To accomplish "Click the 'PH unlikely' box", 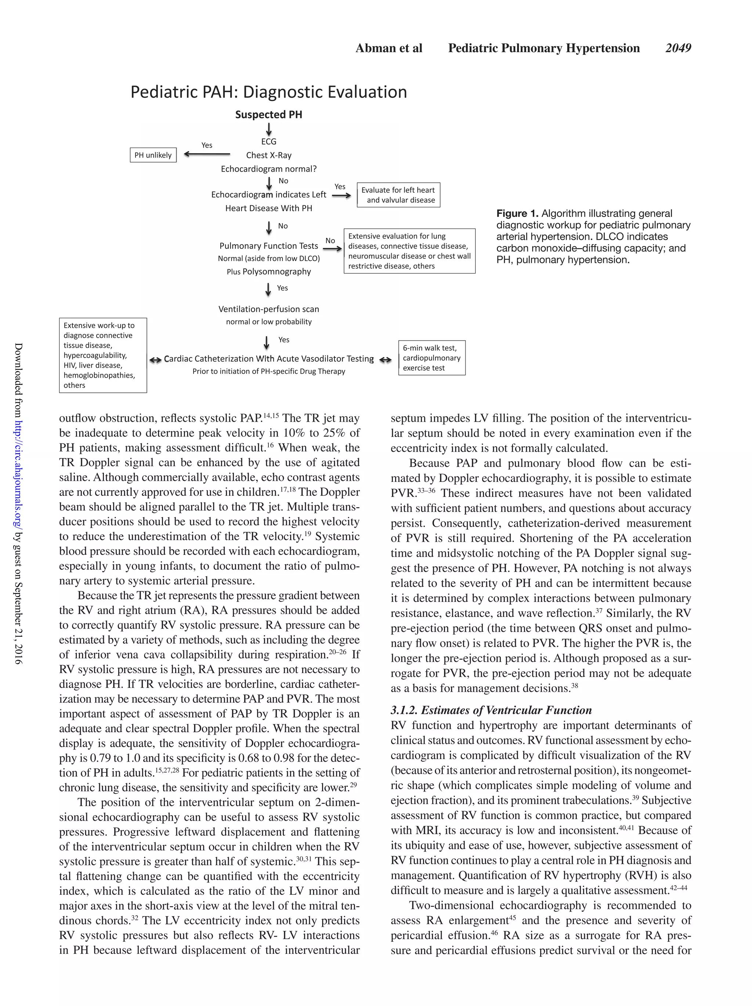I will click(x=153, y=155).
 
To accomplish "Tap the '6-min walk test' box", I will click(x=431, y=357).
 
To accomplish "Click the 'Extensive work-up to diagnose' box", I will click(x=103, y=355).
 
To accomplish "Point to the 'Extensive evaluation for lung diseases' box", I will click(x=409, y=251).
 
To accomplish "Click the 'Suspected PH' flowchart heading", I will click(x=268, y=115).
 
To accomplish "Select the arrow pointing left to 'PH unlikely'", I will click(x=206, y=154).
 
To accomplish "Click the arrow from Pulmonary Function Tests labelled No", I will click(x=332, y=248).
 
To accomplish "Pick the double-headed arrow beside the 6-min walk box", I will click(x=385, y=360).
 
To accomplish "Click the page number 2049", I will click(x=678, y=48).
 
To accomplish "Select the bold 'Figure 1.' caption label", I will click(x=517, y=213).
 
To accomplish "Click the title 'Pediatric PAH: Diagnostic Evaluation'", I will click(x=268, y=92).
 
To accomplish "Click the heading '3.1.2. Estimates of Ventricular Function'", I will click(x=491, y=710).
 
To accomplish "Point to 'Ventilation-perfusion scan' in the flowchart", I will click(x=268, y=309).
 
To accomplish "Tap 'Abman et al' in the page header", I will click(x=388, y=48).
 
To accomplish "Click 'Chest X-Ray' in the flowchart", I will click(x=268, y=155).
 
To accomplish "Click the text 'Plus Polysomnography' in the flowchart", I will click(x=268, y=272).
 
